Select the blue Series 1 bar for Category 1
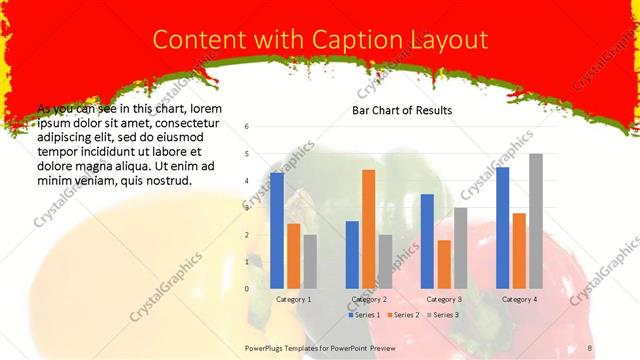(x=276, y=231)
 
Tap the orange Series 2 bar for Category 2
(x=368, y=229)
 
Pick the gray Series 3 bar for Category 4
(x=536, y=221)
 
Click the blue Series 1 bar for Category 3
(x=427, y=241)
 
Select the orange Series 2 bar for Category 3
(x=444, y=264)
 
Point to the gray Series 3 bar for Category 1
(x=310, y=261)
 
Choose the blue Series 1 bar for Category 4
(x=502, y=228)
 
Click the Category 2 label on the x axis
(x=369, y=299)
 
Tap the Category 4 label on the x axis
(x=519, y=299)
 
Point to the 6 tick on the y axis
(x=247, y=127)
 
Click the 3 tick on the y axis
(x=247, y=208)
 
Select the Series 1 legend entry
(x=364, y=315)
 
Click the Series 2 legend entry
(x=403, y=315)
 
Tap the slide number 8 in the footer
(x=589, y=348)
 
